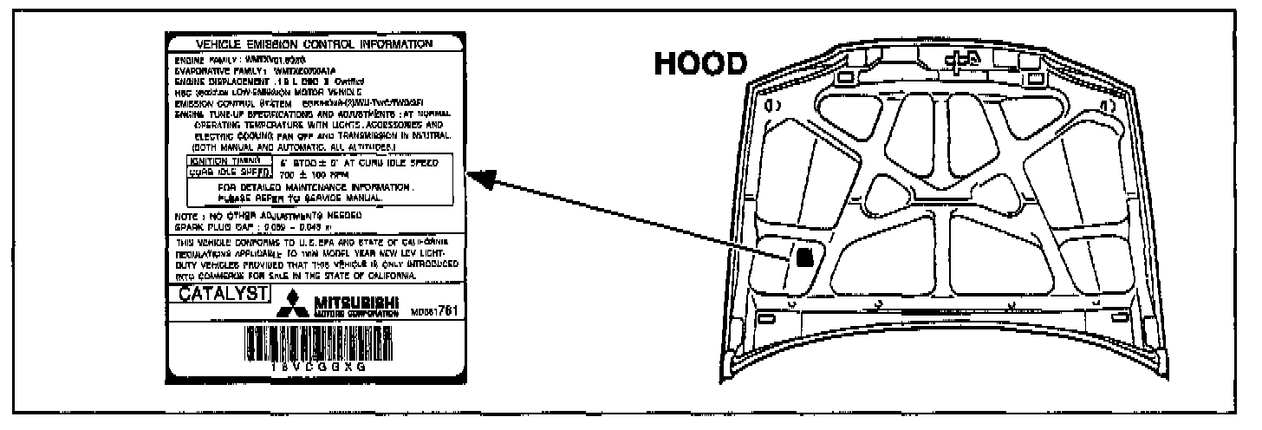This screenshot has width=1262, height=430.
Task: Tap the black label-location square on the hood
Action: click(805, 257)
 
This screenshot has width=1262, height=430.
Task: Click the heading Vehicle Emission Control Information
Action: click(315, 43)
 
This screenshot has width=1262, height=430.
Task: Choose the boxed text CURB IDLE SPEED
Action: click(216, 173)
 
